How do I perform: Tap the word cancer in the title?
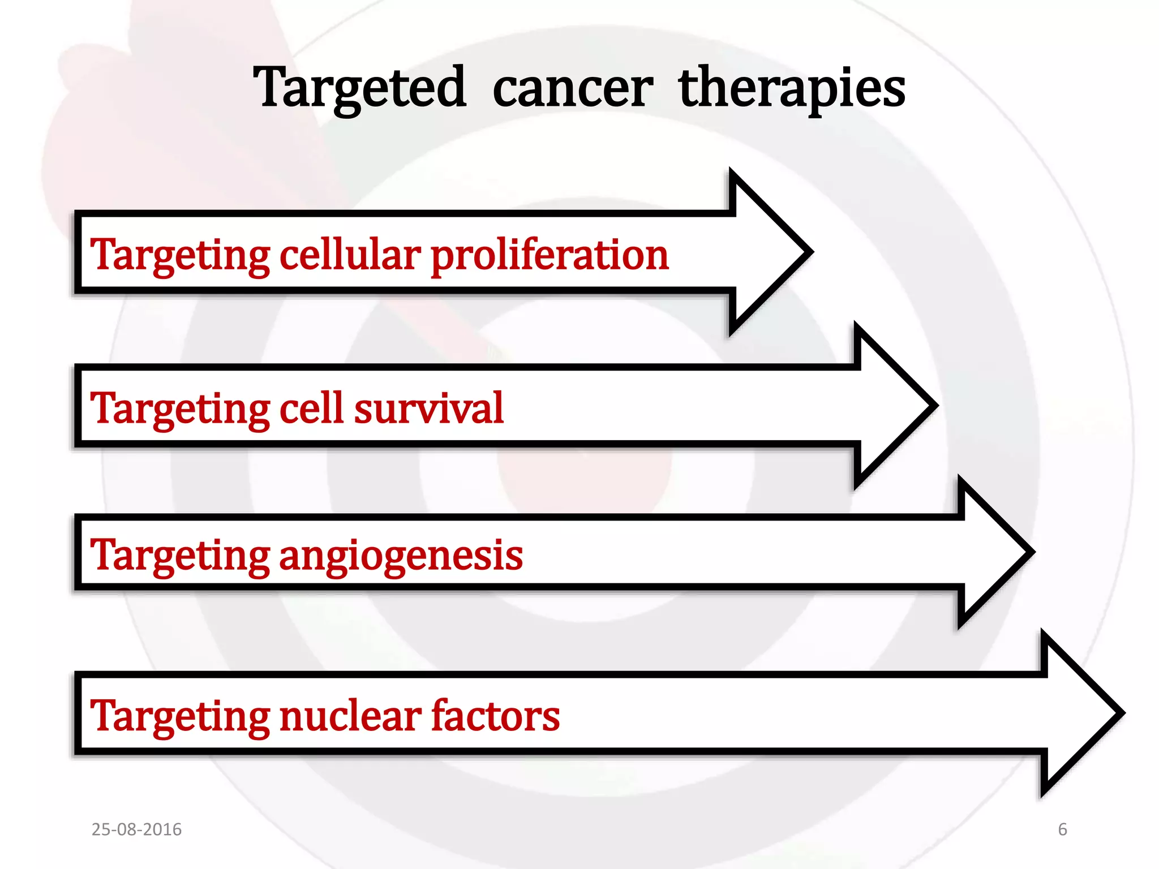(x=572, y=89)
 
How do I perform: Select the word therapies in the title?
(x=792, y=89)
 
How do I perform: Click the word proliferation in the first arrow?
(x=550, y=255)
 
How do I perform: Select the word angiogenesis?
(x=401, y=556)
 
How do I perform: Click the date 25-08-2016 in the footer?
(x=136, y=829)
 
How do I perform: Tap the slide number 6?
(x=1062, y=829)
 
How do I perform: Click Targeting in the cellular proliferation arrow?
(x=180, y=255)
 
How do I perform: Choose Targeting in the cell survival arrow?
(x=180, y=408)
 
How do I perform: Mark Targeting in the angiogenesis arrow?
(x=180, y=556)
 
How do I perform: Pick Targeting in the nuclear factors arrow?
(x=180, y=717)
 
